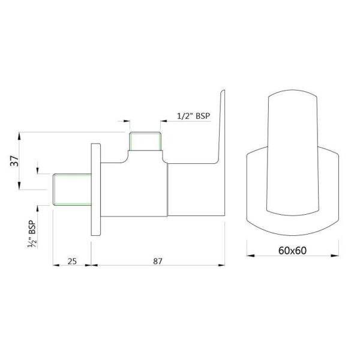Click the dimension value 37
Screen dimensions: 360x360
point(14,161)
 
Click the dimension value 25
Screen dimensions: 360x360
point(72,261)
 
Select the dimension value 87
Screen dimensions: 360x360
point(158,261)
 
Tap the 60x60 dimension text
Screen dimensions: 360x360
point(292,250)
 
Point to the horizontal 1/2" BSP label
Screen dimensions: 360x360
point(194,116)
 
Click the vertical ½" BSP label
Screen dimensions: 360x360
point(32,234)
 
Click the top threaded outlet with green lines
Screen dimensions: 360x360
point(145,141)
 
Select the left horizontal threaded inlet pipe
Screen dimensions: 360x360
point(72,190)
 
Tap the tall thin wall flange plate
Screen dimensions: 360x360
point(96,190)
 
